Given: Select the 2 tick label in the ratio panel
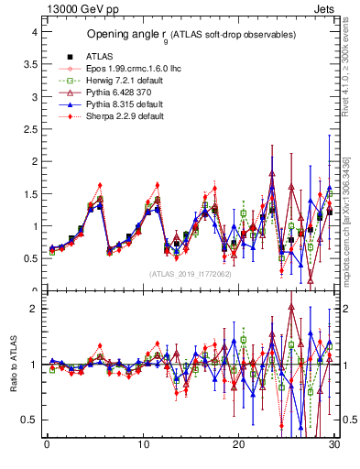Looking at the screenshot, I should click(x=33, y=309).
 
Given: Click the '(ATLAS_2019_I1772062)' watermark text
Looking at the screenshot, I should click(x=189, y=274).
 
